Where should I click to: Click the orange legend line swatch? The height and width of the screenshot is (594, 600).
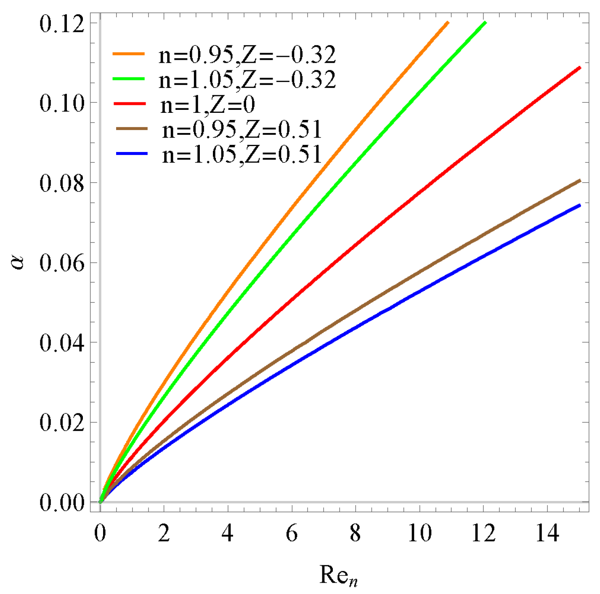point(129,54)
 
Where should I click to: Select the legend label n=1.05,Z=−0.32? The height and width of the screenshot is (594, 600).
point(247,80)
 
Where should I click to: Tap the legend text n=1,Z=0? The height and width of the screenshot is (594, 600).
point(208,105)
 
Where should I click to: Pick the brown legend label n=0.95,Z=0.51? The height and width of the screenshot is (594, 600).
point(242,130)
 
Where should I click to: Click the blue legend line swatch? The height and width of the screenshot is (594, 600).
point(132,154)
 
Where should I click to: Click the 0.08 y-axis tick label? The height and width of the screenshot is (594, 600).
point(62,183)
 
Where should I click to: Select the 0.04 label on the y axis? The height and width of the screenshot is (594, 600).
point(62,343)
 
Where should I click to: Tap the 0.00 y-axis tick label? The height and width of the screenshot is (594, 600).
point(62,502)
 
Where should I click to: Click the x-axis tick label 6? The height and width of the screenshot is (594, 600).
point(292,534)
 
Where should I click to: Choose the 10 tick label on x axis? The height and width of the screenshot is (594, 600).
point(419,534)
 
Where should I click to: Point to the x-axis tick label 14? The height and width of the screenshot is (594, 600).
point(547,534)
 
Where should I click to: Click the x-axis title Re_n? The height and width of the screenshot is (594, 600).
point(338,575)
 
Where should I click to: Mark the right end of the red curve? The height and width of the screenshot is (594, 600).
point(580,67)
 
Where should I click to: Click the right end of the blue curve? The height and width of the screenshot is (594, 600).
point(580,205)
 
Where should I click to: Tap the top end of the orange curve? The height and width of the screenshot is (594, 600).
point(448,22)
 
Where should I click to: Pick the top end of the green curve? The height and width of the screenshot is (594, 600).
point(486,22)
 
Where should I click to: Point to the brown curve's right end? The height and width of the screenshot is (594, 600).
point(580,181)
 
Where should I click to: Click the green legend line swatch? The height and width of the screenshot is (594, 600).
point(129,79)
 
